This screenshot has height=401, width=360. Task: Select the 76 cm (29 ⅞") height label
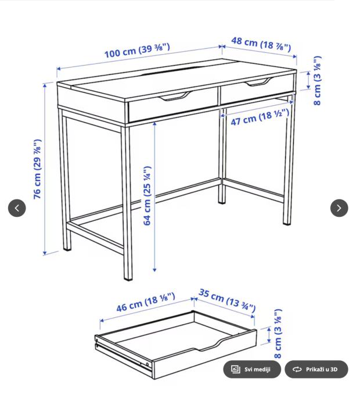37,169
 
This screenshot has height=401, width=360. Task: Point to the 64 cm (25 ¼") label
147,196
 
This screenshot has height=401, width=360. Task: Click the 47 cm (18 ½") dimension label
260,117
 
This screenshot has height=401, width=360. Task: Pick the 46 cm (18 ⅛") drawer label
146,302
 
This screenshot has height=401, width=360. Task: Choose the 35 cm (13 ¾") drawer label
227,300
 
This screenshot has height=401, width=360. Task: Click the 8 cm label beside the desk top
317,81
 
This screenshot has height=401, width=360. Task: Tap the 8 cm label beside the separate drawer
278,334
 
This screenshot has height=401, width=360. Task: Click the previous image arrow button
17,208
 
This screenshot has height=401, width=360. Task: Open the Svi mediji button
252,369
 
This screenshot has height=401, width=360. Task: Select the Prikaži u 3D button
316,369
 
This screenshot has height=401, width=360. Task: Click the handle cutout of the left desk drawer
175,96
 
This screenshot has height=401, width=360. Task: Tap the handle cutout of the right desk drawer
257,82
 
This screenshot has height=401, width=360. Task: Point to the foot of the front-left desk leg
128,277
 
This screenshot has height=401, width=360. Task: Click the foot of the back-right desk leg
222,201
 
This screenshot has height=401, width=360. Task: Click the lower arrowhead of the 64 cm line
154,270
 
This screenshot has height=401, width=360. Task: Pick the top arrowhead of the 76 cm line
45,85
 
